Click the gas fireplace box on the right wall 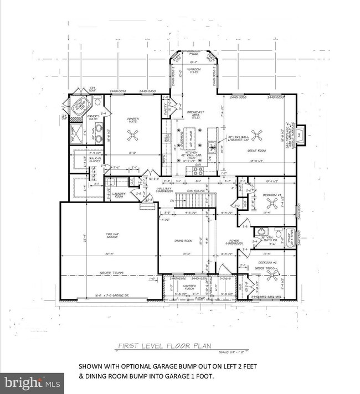300,135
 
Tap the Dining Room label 184,240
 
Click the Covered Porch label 189,287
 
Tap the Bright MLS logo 32,382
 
